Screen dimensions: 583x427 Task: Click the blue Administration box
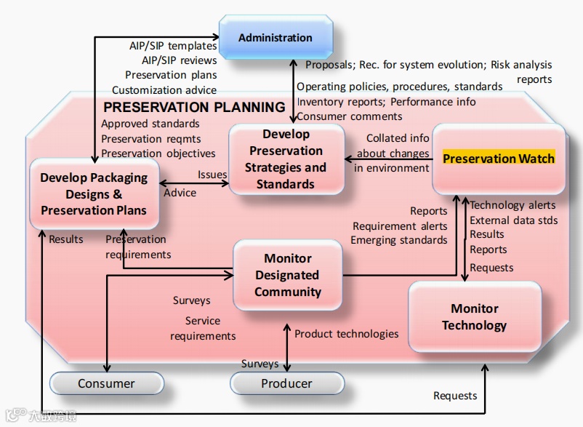[x=276, y=38]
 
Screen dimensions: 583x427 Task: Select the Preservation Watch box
[x=499, y=159]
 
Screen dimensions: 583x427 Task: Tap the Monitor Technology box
[x=475, y=317]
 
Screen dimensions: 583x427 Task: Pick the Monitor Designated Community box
[x=288, y=275]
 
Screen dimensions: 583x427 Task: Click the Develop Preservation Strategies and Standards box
[x=286, y=159]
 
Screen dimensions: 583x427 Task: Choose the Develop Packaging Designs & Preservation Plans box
[x=94, y=194]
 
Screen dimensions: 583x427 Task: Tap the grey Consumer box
[x=106, y=383]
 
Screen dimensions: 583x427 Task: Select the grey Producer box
[x=286, y=383]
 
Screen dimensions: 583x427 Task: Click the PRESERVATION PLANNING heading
[x=194, y=107]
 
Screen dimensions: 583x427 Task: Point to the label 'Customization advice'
[x=164, y=90]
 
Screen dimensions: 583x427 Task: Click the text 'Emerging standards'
[x=399, y=240]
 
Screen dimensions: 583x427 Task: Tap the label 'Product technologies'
[x=346, y=334]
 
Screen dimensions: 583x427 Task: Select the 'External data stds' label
[x=514, y=220]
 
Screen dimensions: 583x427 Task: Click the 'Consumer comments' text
[x=349, y=116]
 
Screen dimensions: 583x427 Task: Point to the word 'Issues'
[x=212, y=175]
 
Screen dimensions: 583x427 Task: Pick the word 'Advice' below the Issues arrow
[x=180, y=193]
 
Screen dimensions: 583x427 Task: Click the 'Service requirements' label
[x=203, y=328]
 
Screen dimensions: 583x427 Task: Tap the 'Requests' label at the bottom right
[x=455, y=396]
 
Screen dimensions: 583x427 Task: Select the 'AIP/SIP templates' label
[x=173, y=46]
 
